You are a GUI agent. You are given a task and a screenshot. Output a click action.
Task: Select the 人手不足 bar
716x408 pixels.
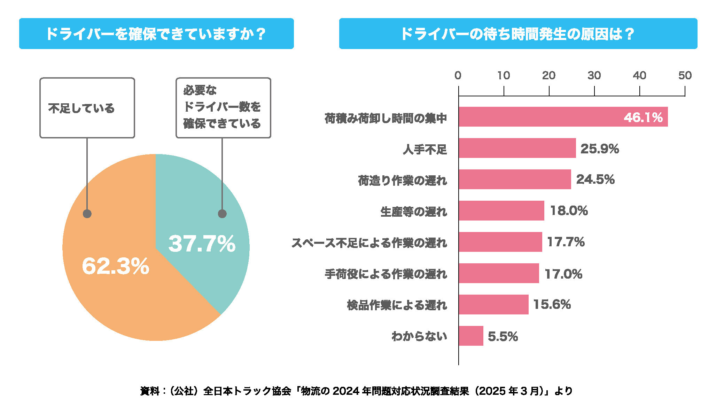[x=517, y=148]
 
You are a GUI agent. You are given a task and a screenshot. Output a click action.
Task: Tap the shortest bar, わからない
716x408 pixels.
[x=471, y=336]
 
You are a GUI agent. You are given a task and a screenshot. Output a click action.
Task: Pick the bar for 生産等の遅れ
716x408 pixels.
[x=501, y=211]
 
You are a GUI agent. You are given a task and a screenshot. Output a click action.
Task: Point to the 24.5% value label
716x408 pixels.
[x=595, y=179]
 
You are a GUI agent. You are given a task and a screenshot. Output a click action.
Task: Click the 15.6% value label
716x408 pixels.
[x=552, y=305]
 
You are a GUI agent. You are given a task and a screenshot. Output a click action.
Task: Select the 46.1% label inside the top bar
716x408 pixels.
[x=643, y=118]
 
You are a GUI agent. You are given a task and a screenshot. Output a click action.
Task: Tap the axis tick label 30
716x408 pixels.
[x=594, y=75]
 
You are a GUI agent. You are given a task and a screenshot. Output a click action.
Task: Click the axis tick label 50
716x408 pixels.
[x=685, y=75]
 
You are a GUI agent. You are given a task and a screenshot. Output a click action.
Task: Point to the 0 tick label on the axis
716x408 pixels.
[x=458, y=75]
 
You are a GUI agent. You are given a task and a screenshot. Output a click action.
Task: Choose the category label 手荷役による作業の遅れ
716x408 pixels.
[x=386, y=274]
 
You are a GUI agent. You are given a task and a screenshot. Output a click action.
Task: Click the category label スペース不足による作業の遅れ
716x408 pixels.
[x=369, y=243]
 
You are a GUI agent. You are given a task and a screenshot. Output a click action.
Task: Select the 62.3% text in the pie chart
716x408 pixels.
[x=115, y=266]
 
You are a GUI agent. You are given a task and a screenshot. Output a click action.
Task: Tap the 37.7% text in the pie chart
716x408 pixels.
[x=202, y=243]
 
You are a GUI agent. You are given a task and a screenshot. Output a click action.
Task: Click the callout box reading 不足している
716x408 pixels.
[x=87, y=108]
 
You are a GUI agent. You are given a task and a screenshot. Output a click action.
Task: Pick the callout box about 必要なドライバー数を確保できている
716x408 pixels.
[x=223, y=108]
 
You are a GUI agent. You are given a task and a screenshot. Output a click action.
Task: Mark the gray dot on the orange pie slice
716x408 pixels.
[x=87, y=214]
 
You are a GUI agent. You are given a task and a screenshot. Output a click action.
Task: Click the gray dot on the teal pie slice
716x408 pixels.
[x=222, y=214]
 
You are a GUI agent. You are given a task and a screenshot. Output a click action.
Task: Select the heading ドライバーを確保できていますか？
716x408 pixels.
[x=156, y=34]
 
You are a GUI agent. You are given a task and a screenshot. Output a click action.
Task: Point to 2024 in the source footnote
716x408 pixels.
[x=346, y=391]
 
